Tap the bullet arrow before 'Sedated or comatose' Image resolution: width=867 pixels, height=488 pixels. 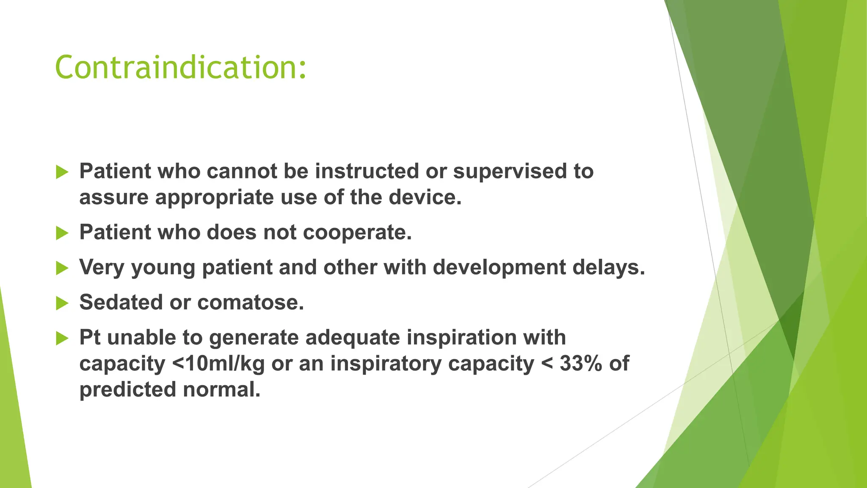(62, 303)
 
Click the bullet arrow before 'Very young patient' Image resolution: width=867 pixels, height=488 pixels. (62, 268)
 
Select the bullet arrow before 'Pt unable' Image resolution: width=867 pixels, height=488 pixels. (62, 338)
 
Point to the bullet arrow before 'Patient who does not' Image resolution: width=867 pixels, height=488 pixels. (62, 233)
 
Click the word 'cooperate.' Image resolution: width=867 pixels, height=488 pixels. (357, 233)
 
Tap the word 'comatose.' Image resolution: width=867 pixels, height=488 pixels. (251, 302)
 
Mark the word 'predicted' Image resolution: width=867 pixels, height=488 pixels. (127, 390)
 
